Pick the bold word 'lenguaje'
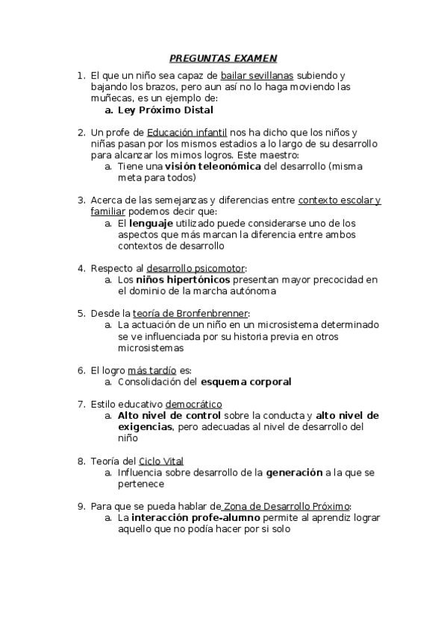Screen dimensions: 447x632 pyautogui.click(x=151, y=223)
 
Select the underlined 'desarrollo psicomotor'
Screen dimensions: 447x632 pyautogui.click(x=196, y=268)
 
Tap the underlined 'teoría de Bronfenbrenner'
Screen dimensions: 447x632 pyautogui.click(x=190, y=313)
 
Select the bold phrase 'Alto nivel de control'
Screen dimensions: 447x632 pyautogui.click(x=169, y=415)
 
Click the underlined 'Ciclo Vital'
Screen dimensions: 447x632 pyautogui.click(x=161, y=461)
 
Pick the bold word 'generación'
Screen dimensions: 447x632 pyautogui.click(x=294, y=473)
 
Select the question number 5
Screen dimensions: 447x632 pyautogui.click(x=81, y=313)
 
